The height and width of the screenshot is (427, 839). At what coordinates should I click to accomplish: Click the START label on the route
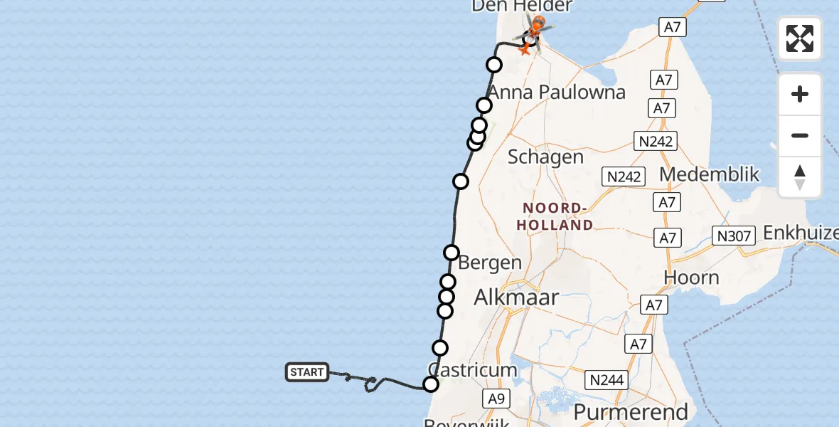pyautogui.click(x=307, y=372)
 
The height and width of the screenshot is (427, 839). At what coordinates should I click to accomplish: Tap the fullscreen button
pyautogui.click(x=800, y=38)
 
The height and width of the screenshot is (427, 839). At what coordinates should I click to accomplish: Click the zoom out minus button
pyautogui.click(x=800, y=135)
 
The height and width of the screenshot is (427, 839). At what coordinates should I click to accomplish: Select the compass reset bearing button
pyautogui.click(x=800, y=177)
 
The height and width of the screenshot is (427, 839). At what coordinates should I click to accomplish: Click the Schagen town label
pyautogui.click(x=545, y=157)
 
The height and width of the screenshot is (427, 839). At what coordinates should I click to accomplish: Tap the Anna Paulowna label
pyautogui.click(x=557, y=92)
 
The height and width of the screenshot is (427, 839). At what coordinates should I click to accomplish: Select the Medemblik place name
pyautogui.click(x=710, y=174)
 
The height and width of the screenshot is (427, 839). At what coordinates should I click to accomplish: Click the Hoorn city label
pyautogui.click(x=691, y=278)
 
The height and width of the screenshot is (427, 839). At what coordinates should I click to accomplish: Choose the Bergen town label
pyautogui.click(x=490, y=262)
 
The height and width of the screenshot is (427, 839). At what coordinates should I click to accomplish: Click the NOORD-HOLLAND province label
pyautogui.click(x=558, y=216)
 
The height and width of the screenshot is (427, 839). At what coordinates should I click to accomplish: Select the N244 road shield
pyautogui.click(x=607, y=381)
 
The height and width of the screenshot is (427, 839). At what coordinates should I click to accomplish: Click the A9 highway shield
pyautogui.click(x=496, y=399)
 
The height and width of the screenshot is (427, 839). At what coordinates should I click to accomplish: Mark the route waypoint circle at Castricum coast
pyautogui.click(x=431, y=385)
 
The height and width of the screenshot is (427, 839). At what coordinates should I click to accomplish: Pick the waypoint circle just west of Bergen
pyautogui.click(x=451, y=253)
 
